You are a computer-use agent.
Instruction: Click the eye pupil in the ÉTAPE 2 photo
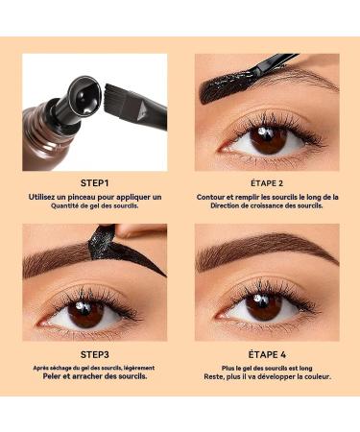[269, 139]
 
